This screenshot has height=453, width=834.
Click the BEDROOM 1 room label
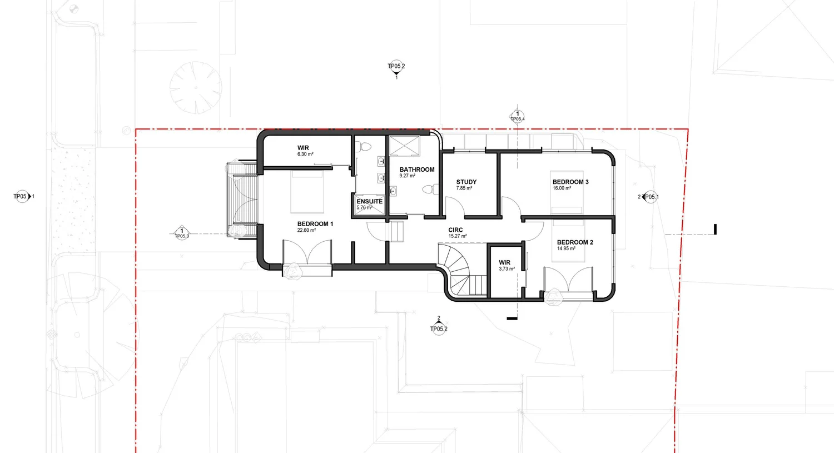coord(315,224)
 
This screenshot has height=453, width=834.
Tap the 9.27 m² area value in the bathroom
coord(407,176)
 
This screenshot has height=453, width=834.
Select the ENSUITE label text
coord(369,201)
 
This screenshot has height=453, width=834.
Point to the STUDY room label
coord(466,182)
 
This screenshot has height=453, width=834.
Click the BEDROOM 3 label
coord(570,182)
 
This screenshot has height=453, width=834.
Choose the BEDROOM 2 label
coord(574,242)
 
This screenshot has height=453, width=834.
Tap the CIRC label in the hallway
coord(455,230)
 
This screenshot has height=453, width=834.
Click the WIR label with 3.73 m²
coord(504,262)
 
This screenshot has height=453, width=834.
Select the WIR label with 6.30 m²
coord(303,148)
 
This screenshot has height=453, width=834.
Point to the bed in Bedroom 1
coord(307,192)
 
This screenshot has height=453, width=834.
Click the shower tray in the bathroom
coord(404,146)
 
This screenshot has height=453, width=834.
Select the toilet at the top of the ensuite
coord(365,147)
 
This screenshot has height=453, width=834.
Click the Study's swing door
coord(455,208)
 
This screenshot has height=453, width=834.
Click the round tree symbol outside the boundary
coord(195,87)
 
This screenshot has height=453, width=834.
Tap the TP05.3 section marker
coord(181,233)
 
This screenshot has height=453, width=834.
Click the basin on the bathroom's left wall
coord(393,191)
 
